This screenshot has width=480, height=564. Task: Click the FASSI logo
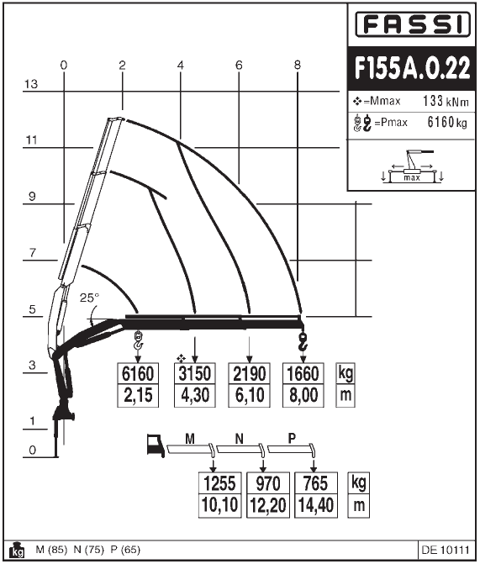[x=412, y=26]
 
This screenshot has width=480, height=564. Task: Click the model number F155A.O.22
[x=412, y=69]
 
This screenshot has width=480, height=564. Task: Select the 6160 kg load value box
[x=139, y=373]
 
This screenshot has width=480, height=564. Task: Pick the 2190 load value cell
[x=250, y=373]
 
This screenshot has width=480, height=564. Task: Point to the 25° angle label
[x=89, y=298]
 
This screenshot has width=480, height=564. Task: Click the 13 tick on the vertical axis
[x=32, y=84]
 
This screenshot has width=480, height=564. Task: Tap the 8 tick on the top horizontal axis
[x=298, y=65]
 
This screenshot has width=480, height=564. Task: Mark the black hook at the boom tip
[x=303, y=338]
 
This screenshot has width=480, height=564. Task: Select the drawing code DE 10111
[x=443, y=551]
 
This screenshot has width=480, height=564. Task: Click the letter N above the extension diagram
[x=240, y=438]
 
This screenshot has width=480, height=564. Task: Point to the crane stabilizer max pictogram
[x=412, y=167]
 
